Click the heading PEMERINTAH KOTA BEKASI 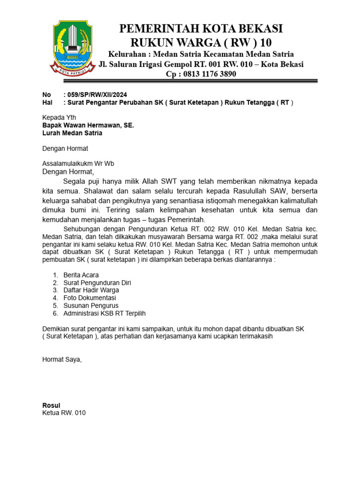[x=201, y=29]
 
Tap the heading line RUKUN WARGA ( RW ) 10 [x=201, y=43]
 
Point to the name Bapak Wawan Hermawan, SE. [x=88, y=125]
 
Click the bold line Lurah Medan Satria [x=72, y=133]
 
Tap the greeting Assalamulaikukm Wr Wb [x=78, y=164]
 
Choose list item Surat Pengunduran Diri [x=97, y=283]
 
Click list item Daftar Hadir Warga [x=91, y=290]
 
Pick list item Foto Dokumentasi [x=90, y=298]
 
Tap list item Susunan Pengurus [x=91, y=306]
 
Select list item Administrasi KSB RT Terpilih [x=107, y=313]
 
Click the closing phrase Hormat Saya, [x=62, y=360]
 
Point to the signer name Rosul [x=51, y=405]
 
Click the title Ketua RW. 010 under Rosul [x=64, y=413]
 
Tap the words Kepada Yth [x=59, y=117]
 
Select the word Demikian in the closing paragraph [x=56, y=329]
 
